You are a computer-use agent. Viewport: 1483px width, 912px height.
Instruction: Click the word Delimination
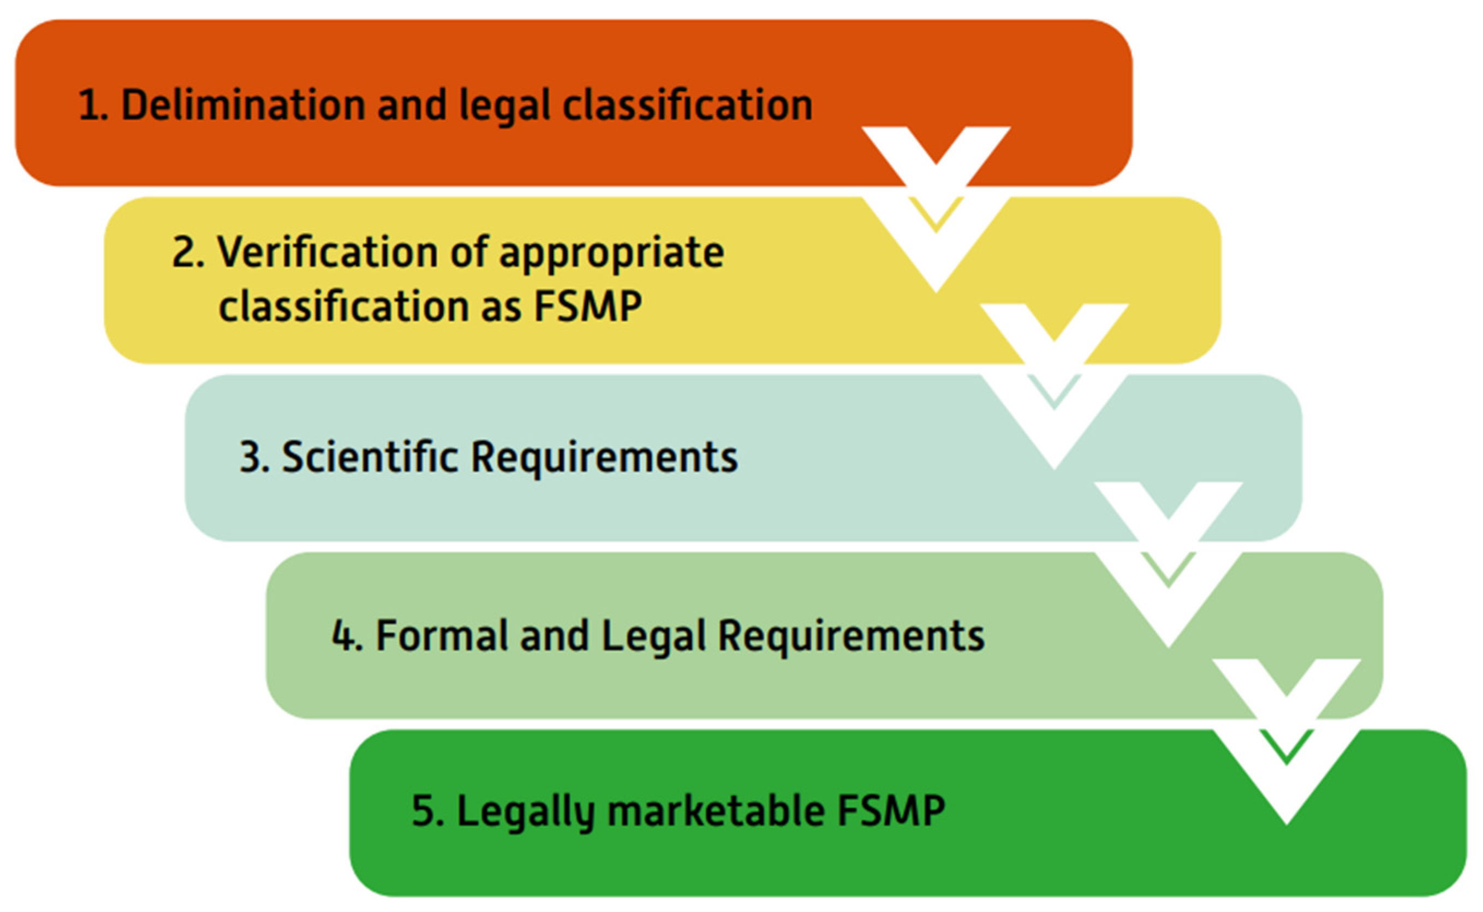click(x=243, y=105)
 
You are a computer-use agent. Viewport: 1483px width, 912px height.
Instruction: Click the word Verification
click(x=327, y=252)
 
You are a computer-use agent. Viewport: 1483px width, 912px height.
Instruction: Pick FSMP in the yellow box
click(x=588, y=306)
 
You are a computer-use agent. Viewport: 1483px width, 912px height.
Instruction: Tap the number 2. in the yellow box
click(x=188, y=252)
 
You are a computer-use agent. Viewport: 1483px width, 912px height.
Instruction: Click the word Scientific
click(x=370, y=457)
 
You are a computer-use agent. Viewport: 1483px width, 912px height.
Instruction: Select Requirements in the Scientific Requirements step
click(x=604, y=458)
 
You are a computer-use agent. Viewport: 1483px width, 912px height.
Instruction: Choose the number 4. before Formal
click(x=347, y=636)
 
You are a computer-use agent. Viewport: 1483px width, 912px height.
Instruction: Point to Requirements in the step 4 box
click(x=851, y=637)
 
